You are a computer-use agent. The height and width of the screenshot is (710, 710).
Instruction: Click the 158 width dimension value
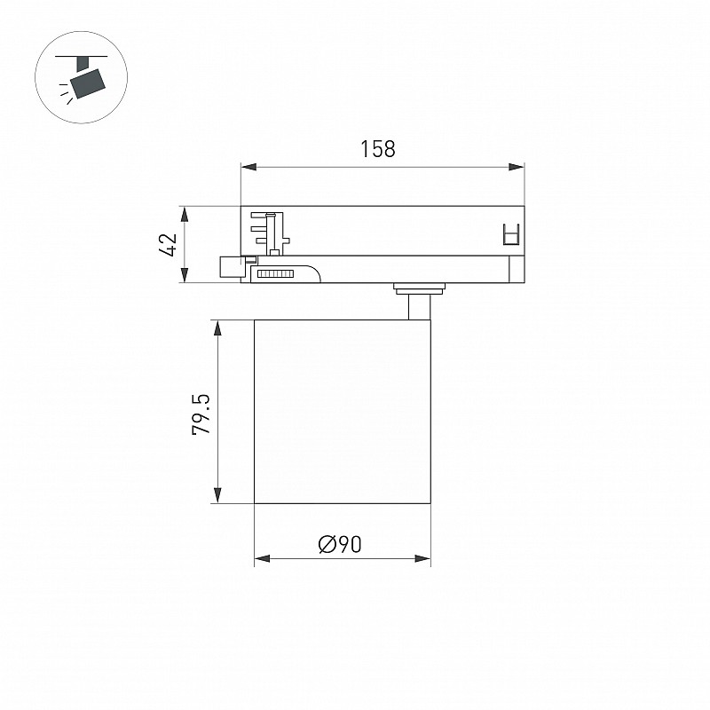[x=378, y=149]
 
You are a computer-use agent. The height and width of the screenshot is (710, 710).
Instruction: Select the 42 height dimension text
[x=168, y=245]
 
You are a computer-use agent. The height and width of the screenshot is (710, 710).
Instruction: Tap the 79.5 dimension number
[x=201, y=414]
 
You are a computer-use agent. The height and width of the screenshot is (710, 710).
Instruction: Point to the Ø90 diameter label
[x=340, y=544]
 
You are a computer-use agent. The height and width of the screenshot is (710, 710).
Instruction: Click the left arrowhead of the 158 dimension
[x=248, y=167]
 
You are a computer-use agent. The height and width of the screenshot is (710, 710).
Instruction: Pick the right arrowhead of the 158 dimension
[x=517, y=167]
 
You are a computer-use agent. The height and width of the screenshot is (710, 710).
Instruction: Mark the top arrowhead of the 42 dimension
[x=185, y=215]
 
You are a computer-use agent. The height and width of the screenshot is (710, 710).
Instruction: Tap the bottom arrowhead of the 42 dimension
[x=185, y=275]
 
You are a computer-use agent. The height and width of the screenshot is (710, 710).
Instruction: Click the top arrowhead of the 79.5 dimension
[x=217, y=328]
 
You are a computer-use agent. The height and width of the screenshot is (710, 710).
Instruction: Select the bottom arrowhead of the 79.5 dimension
[x=217, y=495]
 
